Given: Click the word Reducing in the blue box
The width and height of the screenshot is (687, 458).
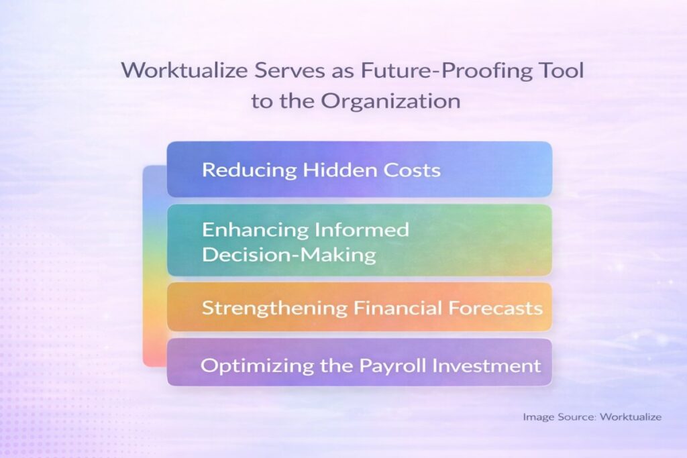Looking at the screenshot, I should point(249,170).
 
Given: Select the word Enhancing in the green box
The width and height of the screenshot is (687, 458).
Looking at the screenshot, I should point(254,230).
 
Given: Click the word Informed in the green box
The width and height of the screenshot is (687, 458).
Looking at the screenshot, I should point(361,230).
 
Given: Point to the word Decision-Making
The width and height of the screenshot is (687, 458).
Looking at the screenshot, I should point(289,255).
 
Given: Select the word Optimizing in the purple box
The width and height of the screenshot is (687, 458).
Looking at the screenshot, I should point(250,365).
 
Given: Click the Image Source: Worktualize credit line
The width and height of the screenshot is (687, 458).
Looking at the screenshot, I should point(592,417).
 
